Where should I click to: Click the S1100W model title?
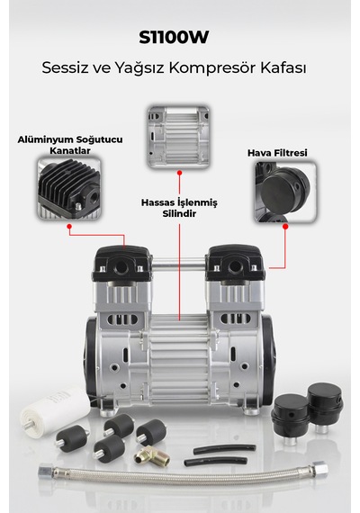point(174,37)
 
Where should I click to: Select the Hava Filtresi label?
point(277,153)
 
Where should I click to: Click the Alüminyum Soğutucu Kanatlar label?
point(70,145)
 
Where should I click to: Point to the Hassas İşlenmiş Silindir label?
point(179,208)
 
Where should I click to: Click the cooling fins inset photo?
point(68,188)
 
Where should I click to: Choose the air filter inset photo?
point(285,193)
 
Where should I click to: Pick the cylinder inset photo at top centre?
point(179,136)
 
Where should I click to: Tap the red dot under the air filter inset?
point(285,227)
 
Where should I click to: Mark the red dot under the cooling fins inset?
point(69,227)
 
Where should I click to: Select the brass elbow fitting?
point(152,455)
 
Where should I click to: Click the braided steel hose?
point(184,473)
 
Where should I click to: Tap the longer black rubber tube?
point(224,448)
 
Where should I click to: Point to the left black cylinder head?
point(122,263)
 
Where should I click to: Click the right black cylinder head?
point(234,263)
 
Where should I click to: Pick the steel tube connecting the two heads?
point(179,264)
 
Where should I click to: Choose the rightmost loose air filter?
point(325,407)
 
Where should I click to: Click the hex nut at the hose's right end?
point(319,467)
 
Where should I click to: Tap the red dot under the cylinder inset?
point(179,173)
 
